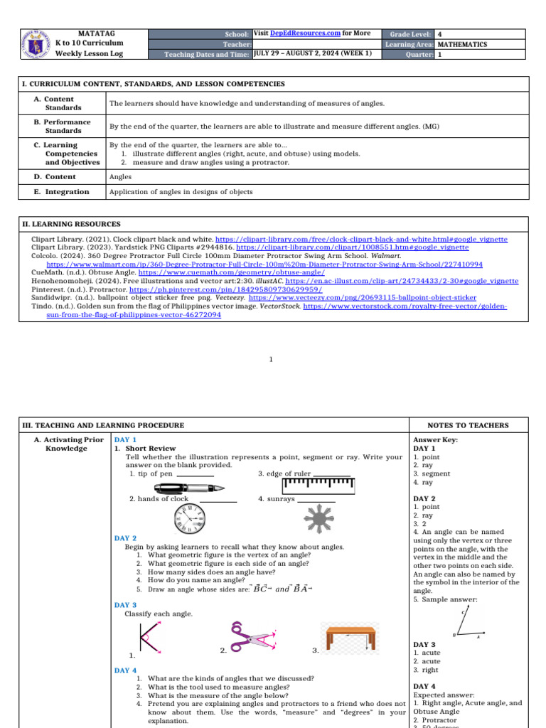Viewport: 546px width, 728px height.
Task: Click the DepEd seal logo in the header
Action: pos(31,44)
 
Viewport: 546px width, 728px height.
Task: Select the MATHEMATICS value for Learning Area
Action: pos(463,44)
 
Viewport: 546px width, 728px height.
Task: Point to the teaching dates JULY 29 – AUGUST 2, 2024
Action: pos(312,53)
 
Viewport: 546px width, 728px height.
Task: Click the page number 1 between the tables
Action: pos(271,360)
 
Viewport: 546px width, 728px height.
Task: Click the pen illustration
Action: pos(189,488)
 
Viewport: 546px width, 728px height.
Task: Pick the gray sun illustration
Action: pos(317,519)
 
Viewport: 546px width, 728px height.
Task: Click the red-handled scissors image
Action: pos(252,636)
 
